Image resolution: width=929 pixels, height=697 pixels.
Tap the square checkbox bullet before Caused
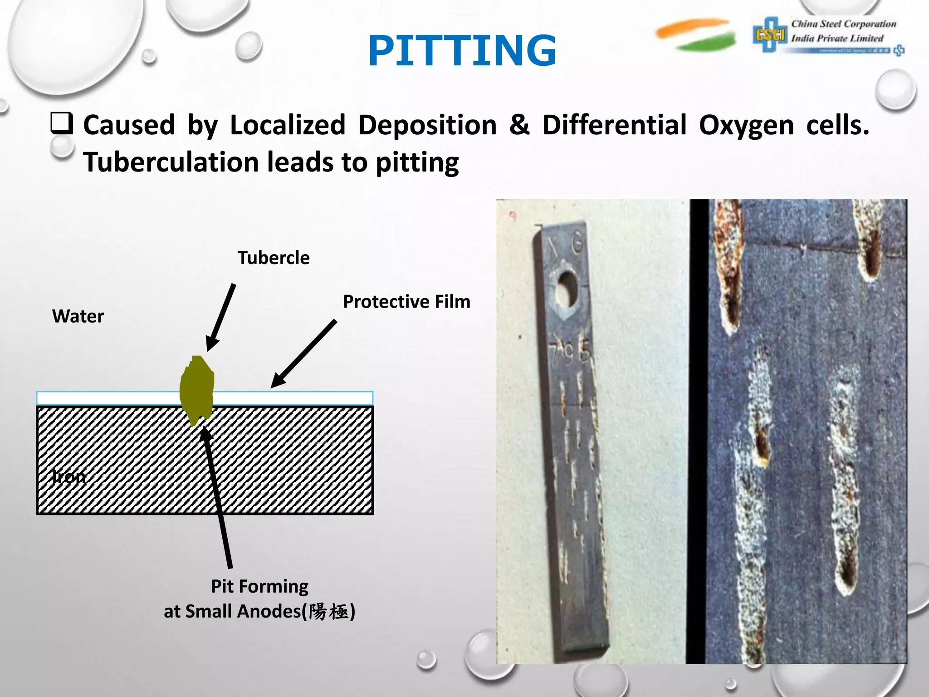61,123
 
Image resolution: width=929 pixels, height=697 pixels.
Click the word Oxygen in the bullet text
746,125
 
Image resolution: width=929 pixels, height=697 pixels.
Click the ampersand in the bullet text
519,125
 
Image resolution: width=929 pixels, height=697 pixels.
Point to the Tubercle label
274,258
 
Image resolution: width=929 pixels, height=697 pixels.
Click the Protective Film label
406,302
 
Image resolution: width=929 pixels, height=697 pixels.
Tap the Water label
78,316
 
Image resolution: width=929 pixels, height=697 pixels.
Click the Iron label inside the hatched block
69,476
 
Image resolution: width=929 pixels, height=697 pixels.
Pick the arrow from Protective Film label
304,354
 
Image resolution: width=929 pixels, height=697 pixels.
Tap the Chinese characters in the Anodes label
329,612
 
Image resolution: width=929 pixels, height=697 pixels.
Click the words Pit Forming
259,586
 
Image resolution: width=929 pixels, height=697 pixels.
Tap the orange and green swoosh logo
696,34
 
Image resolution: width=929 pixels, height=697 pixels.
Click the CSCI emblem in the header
770,34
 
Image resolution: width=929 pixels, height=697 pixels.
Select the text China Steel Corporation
844,24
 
